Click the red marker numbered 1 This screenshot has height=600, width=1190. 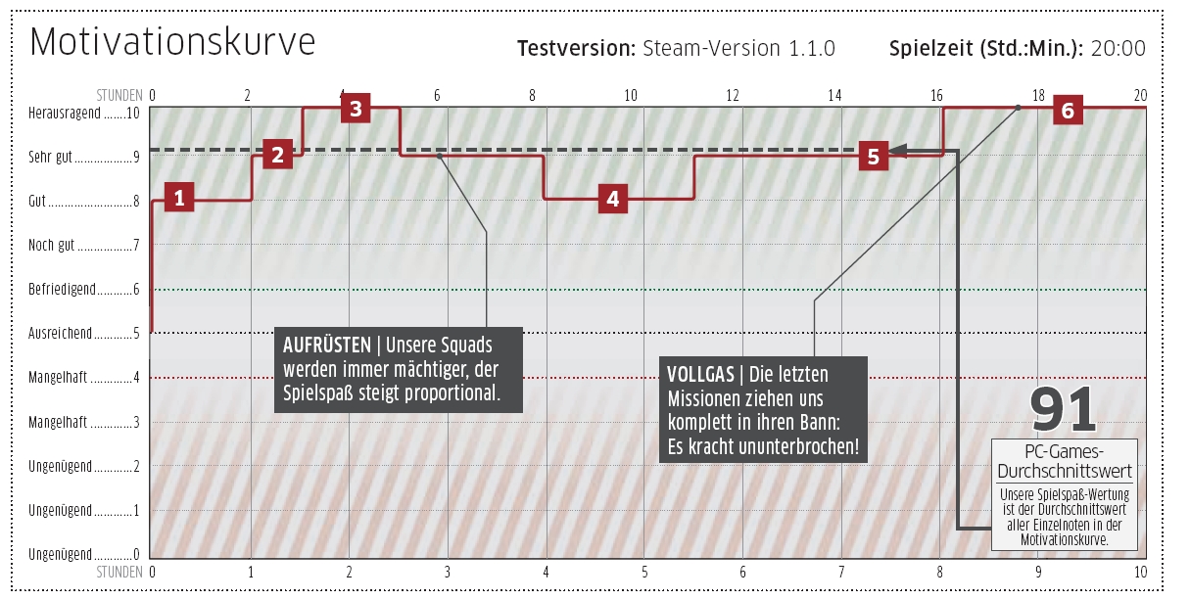point(179,197)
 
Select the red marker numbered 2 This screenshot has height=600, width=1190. point(277,154)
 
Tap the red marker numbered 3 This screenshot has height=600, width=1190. point(356,109)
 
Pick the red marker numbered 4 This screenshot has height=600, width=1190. point(612,199)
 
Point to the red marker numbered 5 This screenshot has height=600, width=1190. point(874,156)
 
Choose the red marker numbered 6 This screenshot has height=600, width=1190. point(1068,111)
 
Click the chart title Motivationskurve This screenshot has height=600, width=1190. point(172,41)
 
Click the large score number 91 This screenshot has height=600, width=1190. point(1063,410)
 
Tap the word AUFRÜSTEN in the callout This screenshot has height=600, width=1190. point(327,346)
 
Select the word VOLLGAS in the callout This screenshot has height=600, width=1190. point(700,375)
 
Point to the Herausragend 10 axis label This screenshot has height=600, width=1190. point(84,114)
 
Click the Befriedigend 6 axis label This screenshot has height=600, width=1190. point(84,290)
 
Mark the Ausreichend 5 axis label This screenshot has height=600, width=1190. point(84,334)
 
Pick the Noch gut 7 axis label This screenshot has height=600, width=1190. point(84,246)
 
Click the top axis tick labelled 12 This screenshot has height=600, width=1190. point(732,96)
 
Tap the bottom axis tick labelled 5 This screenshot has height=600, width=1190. point(644,573)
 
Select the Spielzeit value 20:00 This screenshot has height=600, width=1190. point(1119,48)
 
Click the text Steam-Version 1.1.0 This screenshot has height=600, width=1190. point(738,48)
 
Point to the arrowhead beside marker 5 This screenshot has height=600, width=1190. point(897,151)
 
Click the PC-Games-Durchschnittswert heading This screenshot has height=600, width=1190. point(1065,461)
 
